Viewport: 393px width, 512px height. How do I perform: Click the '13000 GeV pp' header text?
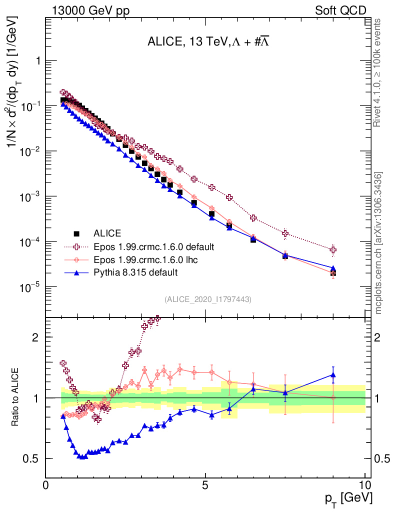tap(90, 10)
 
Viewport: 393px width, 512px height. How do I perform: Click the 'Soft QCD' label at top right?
tap(340, 10)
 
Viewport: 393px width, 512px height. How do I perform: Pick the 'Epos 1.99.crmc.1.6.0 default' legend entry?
tap(153, 246)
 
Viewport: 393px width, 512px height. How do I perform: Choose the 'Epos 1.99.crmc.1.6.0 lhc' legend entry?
tap(147, 259)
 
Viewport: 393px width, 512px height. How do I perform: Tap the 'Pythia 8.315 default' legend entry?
tap(135, 272)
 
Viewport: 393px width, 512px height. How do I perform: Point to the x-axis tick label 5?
tap(205, 485)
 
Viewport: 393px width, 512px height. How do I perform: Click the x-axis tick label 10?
tap(364, 485)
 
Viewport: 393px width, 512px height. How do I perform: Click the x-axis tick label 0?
tap(45, 485)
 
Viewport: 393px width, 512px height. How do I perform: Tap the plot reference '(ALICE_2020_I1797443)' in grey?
tap(207, 299)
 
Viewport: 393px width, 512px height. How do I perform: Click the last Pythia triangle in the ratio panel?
tap(333, 374)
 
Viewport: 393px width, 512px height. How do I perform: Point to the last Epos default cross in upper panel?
tap(333, 249)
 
